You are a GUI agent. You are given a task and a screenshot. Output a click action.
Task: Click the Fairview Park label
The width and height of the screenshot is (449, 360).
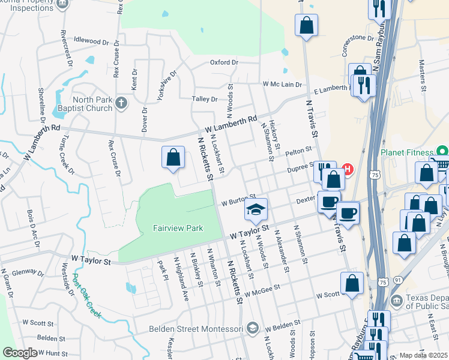tap(178, 228)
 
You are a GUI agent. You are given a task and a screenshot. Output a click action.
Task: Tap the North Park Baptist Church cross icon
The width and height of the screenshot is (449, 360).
tap(121, 103)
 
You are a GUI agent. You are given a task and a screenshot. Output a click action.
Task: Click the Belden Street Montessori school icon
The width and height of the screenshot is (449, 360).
tap(253, 328)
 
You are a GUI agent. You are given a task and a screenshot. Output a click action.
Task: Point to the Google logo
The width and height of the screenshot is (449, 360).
tap(20, 353)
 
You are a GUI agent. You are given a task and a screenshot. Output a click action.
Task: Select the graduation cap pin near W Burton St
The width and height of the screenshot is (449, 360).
tap(255, 209)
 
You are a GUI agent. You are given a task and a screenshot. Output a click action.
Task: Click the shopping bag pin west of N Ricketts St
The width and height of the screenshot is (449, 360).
tap(172, 158)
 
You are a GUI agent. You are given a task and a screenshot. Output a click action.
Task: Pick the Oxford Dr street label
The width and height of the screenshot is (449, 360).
tap(224, 62)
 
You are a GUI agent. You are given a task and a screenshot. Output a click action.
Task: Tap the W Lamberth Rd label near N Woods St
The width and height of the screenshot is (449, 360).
tap(231, 125)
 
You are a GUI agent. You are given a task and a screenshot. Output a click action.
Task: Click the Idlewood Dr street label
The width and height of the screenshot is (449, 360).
tap(91, 41)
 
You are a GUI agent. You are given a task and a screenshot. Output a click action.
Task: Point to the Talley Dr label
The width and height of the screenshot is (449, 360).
tap(204, 99)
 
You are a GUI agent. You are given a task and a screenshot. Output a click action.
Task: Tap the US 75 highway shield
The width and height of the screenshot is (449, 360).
tap(375, 175)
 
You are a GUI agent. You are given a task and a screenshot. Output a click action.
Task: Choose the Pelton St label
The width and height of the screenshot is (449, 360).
tap(300, 151)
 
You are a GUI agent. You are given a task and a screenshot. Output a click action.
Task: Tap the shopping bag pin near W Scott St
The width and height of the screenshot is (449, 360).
tap(352, 283)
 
